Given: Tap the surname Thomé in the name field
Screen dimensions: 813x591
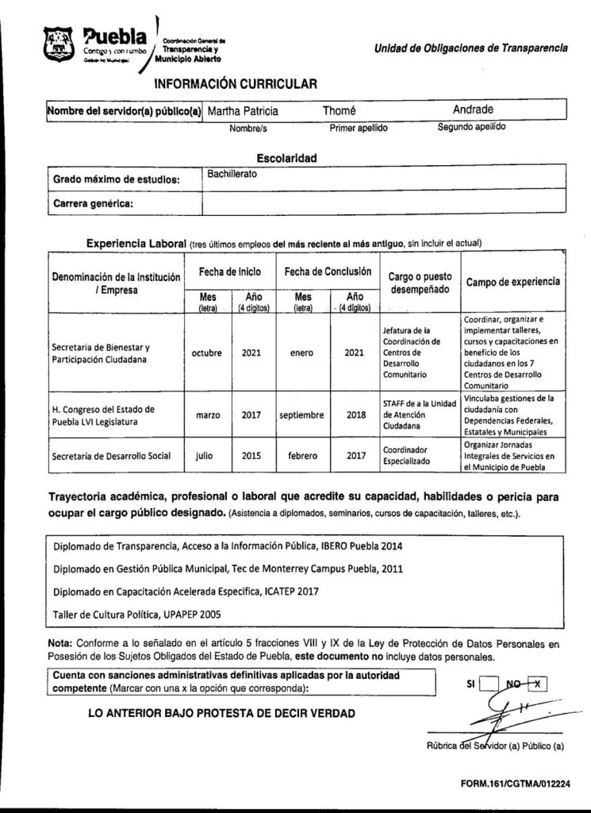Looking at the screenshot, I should pyautogui.click(x=340, y=111).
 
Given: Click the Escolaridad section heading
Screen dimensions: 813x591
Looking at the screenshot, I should pyautogui.click(x=286, y=158).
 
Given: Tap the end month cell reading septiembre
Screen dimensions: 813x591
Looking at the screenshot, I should pyautogui.click(x=303, y=414).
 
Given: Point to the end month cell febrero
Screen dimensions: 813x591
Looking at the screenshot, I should pyautogui.click(x=303, y=457).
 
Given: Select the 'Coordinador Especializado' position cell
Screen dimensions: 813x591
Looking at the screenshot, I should pyautogui.click(x=409, y=456).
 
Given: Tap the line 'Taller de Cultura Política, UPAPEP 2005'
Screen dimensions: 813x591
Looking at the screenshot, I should pyautogui.click(x=137, y=614).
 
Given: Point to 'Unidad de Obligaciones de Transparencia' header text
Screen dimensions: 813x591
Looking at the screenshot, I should pyautogui.click(x=470, y=48).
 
